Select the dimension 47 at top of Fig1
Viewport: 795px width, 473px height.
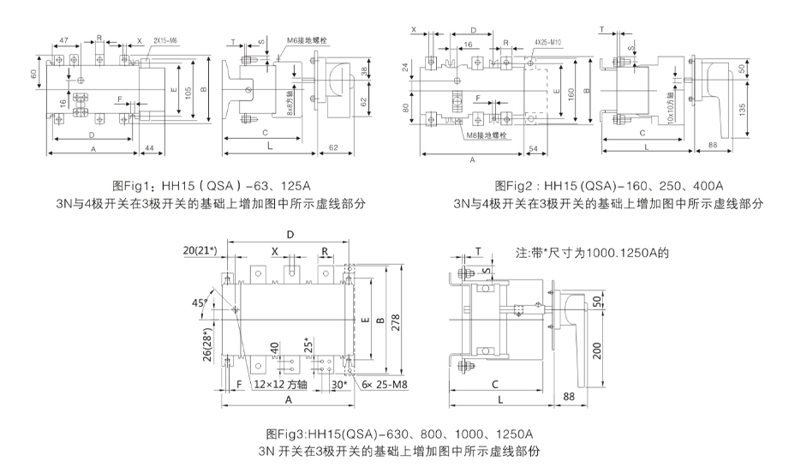click(65, 40)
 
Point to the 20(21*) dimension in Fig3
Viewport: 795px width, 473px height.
click(201, 249)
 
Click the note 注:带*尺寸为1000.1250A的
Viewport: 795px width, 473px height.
click(591, 254)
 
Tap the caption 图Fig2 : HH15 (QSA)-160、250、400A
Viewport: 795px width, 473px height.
click(609, 185)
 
